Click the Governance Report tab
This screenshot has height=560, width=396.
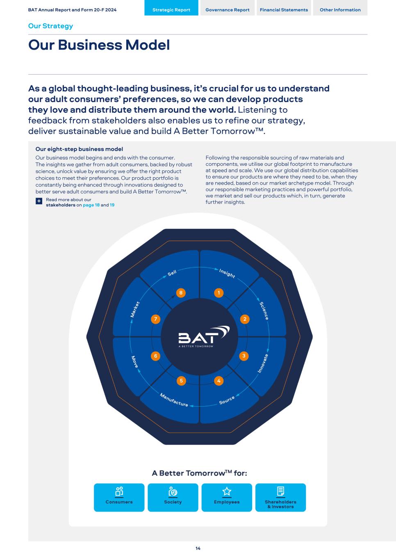click(228, 10)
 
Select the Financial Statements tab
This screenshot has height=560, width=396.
click(284, 10)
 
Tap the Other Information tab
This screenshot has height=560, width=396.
click(340, 10)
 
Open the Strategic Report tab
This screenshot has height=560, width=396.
click(171, 10)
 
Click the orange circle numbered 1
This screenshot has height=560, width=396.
click(219, 293)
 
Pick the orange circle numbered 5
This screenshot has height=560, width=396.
click(181, 381)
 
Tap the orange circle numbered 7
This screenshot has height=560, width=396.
click(155, 319)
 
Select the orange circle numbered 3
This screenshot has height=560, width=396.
click(244, 356)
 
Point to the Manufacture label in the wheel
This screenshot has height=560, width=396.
click(174, 400)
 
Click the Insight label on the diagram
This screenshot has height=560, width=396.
click(227, 273)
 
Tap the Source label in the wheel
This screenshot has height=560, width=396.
click(227, 400)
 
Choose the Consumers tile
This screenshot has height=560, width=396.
click(119, 497)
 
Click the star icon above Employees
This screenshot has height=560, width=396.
click(227, 491)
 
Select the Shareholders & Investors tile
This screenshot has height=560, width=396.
click(280, 497)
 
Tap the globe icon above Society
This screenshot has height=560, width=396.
click(173, 491)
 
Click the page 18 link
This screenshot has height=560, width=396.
click(91, 205)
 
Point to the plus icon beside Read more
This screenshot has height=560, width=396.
click(39, 201)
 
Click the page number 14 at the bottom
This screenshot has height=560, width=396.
click(198, 549)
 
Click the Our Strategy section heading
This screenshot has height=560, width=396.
click(50, 26)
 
